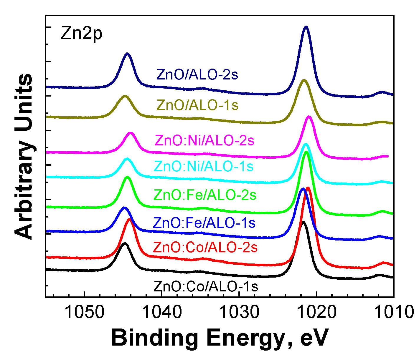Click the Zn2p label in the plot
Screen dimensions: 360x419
point(81,34)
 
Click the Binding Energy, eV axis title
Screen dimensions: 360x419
point(220,338)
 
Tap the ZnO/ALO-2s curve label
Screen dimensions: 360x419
point(197,75)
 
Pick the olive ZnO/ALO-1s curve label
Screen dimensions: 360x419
point(197,105)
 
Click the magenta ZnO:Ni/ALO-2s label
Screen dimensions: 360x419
point(204,141)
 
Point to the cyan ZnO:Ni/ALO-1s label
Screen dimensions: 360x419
point(204,167)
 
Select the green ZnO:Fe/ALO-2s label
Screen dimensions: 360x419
point(205,195)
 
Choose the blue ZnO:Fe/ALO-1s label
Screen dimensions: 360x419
point(204,223)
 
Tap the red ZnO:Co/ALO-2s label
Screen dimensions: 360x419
point(205,248)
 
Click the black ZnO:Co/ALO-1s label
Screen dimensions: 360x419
point(206,286)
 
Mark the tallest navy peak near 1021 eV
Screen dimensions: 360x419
point(306,27)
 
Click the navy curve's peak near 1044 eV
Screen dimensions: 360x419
point(127,54)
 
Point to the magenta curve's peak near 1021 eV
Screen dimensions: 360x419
point(309,117)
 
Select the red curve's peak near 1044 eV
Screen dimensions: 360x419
point(129,219)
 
